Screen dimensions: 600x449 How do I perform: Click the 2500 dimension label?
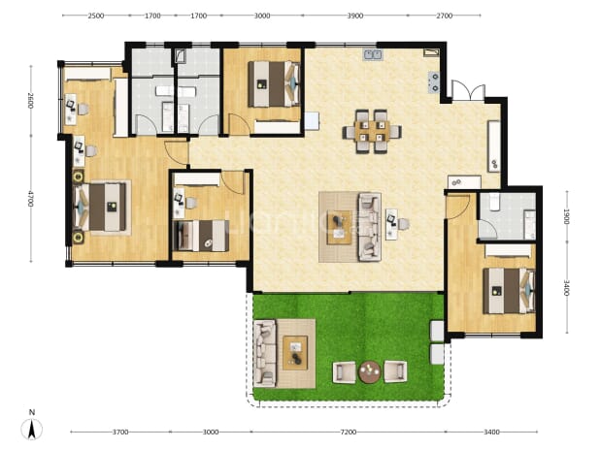click(96, 16)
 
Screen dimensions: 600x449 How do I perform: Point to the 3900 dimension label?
click(354, 16)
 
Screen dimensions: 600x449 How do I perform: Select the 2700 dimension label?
click(445, 16)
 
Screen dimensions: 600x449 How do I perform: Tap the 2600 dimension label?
click(31, 101)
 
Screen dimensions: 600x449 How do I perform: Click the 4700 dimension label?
click(31, 199)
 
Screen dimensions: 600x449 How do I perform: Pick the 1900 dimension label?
click(567, 216)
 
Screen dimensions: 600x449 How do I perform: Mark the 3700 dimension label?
click(120, 433)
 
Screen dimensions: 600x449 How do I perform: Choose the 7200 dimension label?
click(349, 433)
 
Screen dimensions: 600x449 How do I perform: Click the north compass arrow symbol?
click(32, 430)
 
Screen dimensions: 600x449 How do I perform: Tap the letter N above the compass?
click(32, 412)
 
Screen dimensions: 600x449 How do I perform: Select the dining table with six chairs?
click(372, 132)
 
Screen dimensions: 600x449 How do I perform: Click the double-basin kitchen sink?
click(373, 54)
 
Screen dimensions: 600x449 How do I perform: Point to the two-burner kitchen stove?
click(434, 82)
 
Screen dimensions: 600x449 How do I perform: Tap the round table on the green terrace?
click(370, 371)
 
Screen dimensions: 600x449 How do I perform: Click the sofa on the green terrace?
click(264, 353)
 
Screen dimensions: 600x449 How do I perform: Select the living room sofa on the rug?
click(370, 227)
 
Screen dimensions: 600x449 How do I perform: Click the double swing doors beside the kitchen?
click(468, 90)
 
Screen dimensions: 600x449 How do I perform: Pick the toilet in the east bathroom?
click(495, 201)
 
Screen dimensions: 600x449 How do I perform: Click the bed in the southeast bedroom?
click(509, 291)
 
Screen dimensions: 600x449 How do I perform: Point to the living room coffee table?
click(340, 227)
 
